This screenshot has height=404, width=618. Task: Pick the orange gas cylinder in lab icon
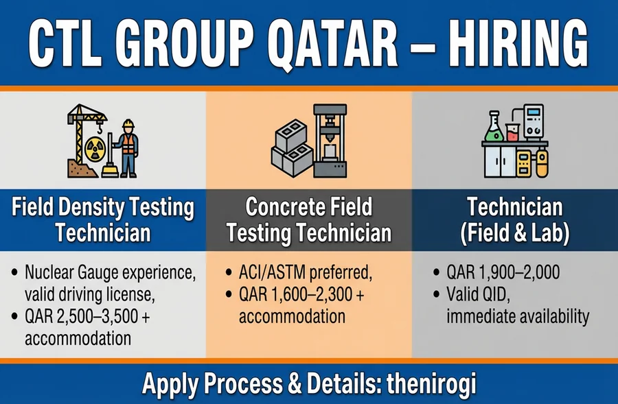542,164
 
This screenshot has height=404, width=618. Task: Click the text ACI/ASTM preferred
304,272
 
